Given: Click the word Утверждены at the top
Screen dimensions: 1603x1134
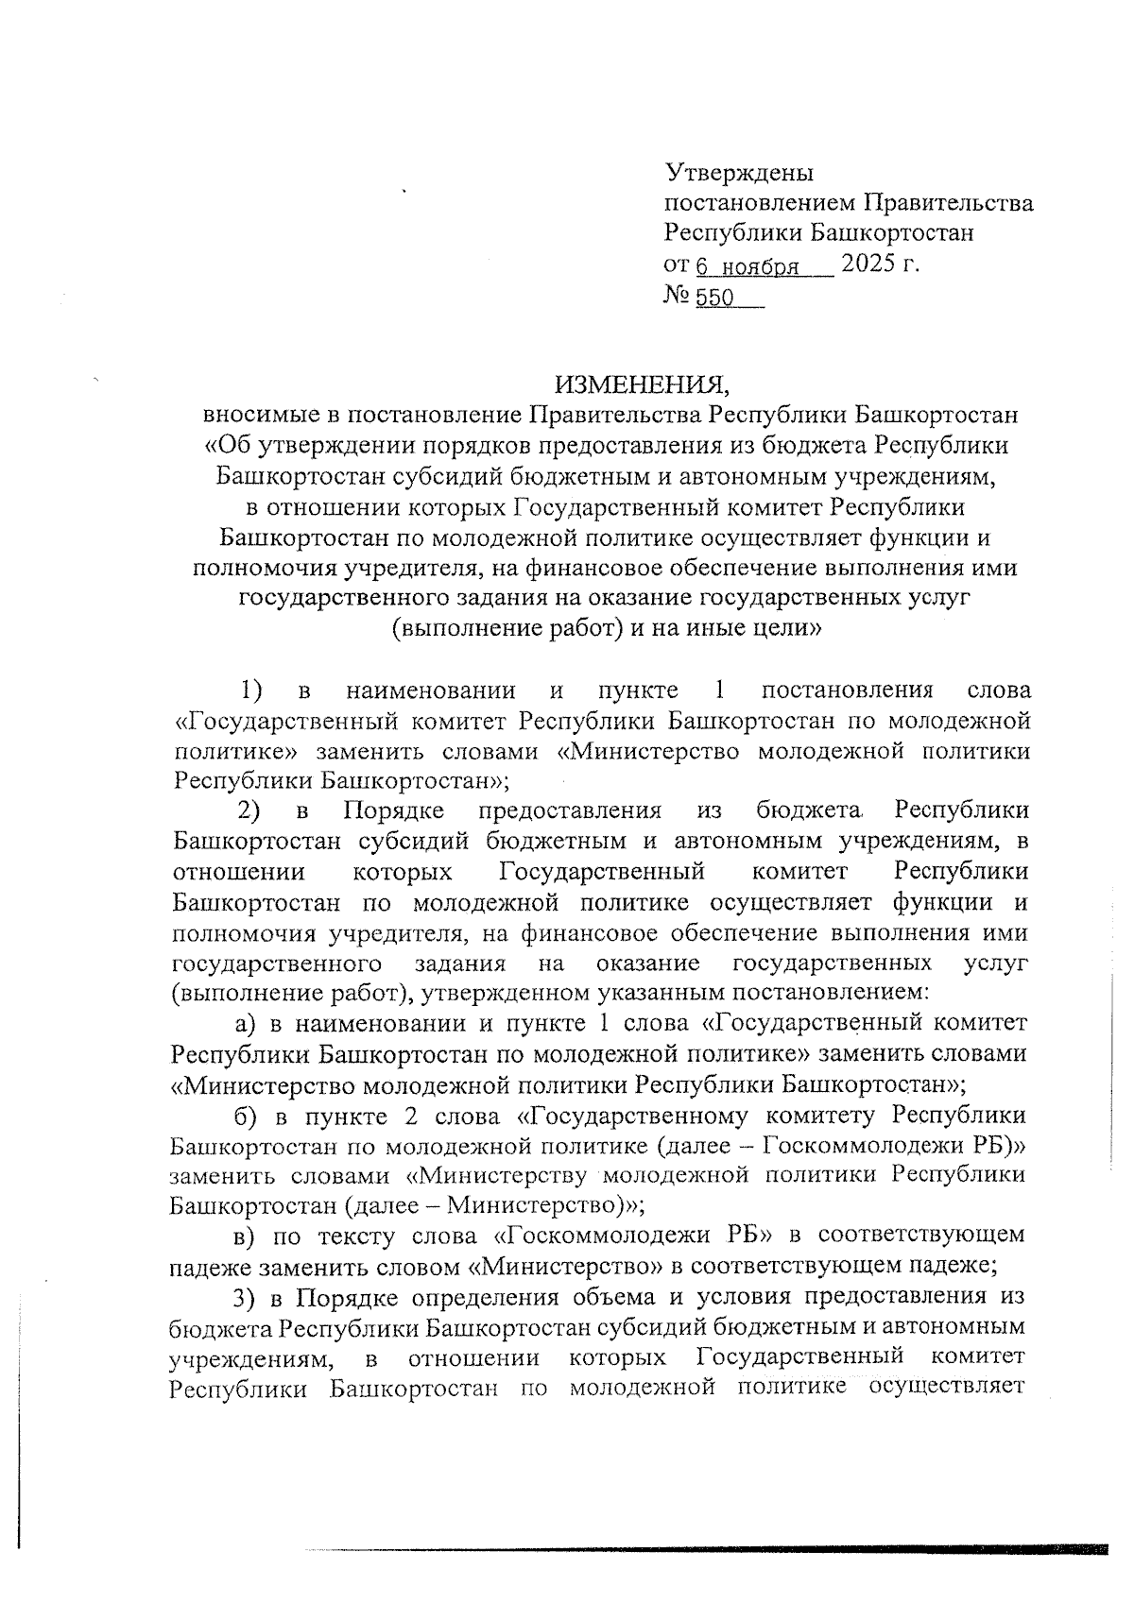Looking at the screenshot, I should (x=739, y=174).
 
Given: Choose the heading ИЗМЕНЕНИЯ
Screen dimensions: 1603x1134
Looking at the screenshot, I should (x=643, y=384).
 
